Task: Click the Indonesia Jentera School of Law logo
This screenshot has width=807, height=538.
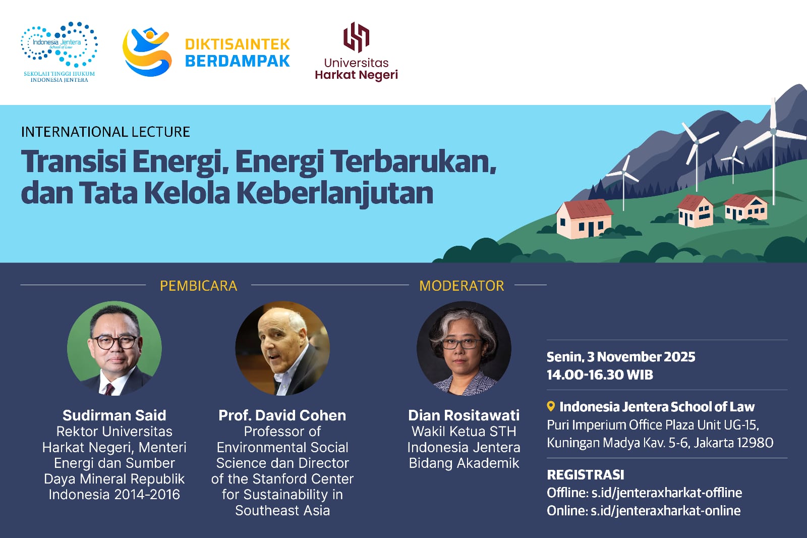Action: point(59,50)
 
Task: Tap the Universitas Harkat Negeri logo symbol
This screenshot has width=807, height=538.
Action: point(356,37)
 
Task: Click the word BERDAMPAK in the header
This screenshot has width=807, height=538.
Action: point(237,61)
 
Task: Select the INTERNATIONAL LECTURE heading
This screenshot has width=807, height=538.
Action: point(105,132)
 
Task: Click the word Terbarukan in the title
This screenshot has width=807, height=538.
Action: point(414,162)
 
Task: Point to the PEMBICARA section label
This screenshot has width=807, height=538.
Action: point(198,286)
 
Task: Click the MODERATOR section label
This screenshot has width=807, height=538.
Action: point(462,286)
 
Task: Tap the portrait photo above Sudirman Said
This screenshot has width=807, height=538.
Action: point(114,348)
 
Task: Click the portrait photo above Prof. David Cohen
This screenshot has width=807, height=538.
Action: point(282,348)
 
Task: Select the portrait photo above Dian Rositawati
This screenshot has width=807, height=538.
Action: point(464,348)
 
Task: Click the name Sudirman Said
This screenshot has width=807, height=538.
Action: point(114,415)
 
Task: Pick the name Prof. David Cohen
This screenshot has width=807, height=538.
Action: point(282,415)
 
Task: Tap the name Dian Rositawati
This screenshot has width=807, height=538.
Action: point(464,415)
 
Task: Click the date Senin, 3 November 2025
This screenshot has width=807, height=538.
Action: point(621,357)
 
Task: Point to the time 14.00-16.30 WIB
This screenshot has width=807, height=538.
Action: point(600,375)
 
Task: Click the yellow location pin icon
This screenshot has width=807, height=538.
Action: point(551,406)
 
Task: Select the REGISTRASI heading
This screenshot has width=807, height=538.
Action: point(586,475)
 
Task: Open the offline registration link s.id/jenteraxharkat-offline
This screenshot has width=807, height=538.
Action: point(666,493)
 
